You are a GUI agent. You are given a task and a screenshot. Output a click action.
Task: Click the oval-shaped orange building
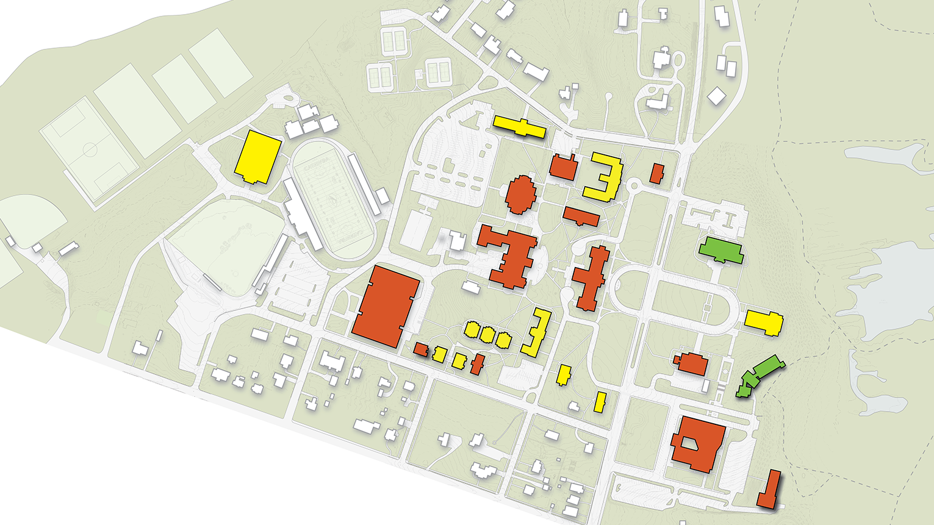520,195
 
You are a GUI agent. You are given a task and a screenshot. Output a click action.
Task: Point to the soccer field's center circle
90,149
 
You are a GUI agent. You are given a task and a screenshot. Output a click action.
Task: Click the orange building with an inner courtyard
697,444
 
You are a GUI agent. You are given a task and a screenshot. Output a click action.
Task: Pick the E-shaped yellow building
604,177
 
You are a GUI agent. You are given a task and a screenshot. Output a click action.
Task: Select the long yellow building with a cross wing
519,127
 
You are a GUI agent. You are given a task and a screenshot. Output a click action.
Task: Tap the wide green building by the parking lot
721,251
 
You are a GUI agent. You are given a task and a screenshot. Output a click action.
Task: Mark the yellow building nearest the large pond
763,321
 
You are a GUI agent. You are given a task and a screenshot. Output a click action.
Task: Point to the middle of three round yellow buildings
487,334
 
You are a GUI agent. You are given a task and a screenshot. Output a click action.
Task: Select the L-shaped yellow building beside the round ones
537,332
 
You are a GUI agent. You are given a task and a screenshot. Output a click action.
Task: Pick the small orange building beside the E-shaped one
656,173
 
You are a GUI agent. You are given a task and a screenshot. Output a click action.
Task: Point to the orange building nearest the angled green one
692,363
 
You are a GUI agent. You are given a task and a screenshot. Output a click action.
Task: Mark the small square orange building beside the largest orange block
420,349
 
